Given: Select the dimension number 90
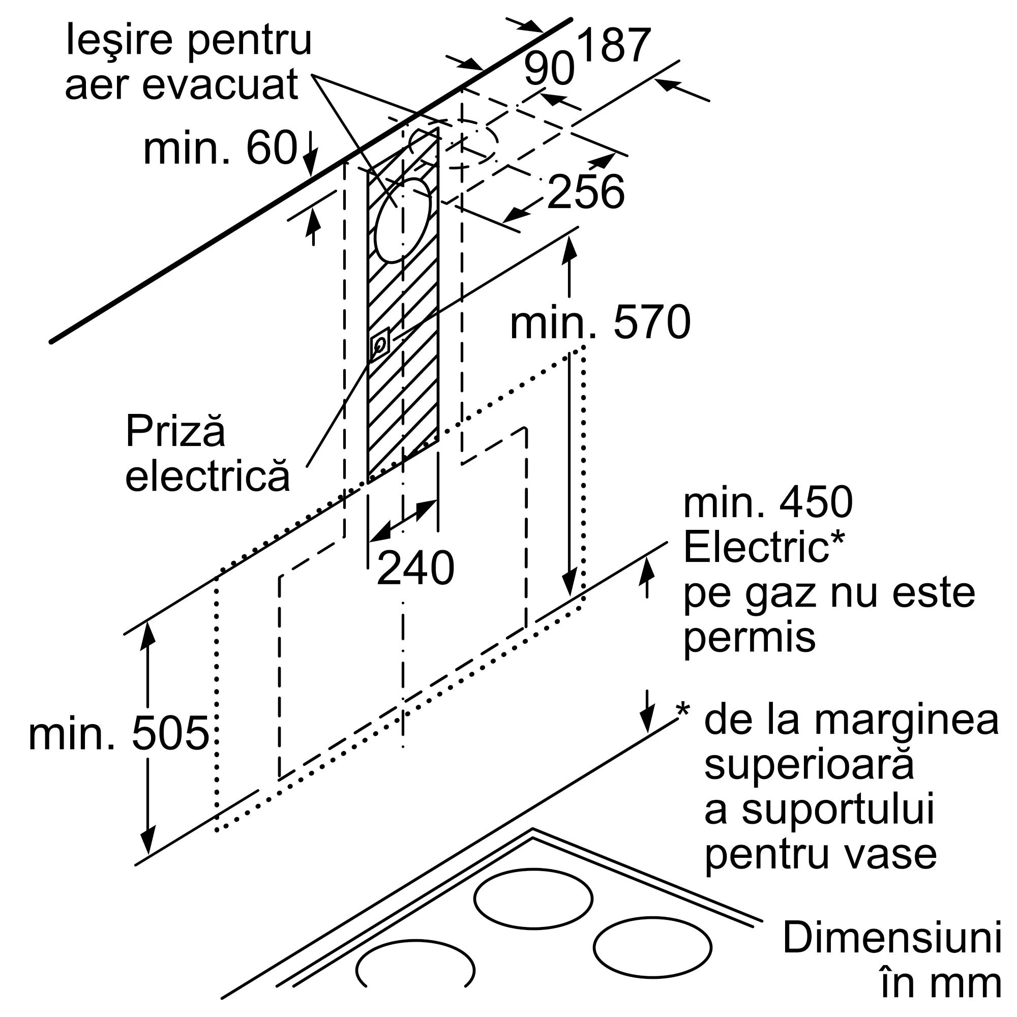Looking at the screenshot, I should pyautogui.click(x=549, y=69).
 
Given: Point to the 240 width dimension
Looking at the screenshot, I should pyautogui.click(x=415, y=569).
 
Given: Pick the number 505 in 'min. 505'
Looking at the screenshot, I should pyautogui.click(x=170, y=734).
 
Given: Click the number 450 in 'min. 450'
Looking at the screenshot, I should pyautogui.click(x=816, y=503).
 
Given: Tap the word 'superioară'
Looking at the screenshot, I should pyautogui.click(x=809, y=765).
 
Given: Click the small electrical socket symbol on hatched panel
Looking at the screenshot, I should pyautogui.click(x=380, y=344).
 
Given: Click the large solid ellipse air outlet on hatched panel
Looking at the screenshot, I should pyautogui.click(x=403, y=221).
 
